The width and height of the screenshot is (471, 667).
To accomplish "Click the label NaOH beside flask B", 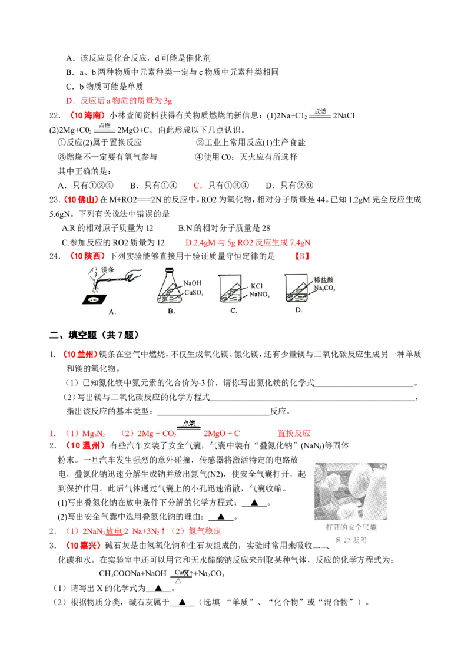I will pos(193,283).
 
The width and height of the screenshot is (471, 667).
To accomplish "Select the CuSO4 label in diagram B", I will pos(194,292).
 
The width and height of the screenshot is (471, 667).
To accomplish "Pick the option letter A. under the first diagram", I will pos(112,312).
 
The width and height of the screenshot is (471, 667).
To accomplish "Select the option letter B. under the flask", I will pos(171,311).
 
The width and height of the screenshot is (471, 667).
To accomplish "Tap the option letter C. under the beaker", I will pos(234,311).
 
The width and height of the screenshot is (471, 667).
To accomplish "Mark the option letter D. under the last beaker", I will pos(298,311).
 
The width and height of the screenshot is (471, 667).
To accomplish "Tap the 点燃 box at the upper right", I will pos(320,113).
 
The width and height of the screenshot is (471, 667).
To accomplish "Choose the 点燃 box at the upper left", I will pos(104,126).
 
